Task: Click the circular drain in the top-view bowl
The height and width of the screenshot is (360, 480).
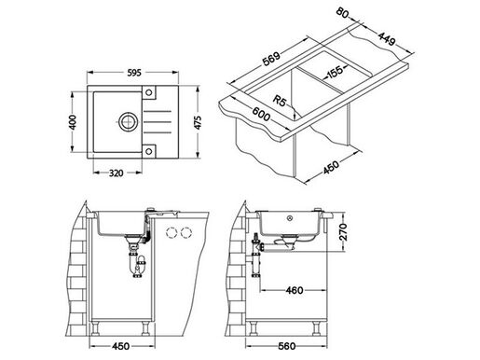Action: (124, 121)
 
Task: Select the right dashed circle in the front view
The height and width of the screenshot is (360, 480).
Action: (185, 232)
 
